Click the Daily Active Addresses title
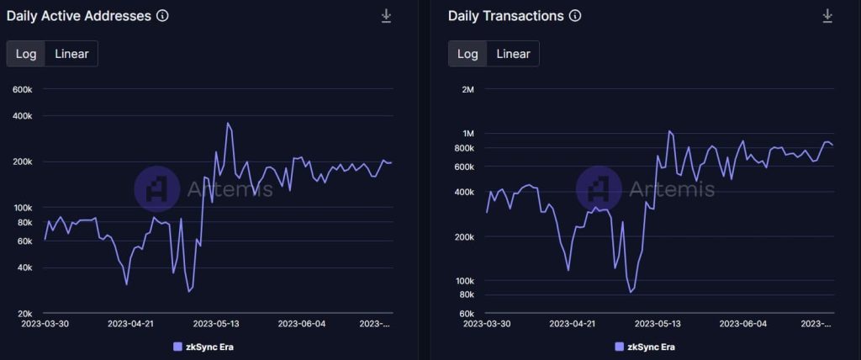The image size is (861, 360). click(78, 15)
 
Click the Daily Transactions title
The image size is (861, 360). click(505, 15)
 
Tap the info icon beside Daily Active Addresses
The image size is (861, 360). click(162, 15)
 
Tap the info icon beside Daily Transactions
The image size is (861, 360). click(575, 15)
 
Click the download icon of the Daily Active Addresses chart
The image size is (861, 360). click(386, 16)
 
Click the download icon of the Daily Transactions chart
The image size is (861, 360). click(827, 16)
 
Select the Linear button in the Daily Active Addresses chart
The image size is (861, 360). click(72, 54)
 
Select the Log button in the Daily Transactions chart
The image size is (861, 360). click(467, 54)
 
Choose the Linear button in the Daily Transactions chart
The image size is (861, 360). click(513, 54)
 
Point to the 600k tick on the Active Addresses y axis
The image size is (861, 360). click(22, 89)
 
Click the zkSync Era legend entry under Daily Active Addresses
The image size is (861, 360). click(205, 347)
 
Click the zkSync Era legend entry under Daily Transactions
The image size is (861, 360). click(645, 347)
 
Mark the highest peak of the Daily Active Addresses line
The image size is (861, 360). click(228, 123)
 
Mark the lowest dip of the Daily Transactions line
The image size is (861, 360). click(630, 293)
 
